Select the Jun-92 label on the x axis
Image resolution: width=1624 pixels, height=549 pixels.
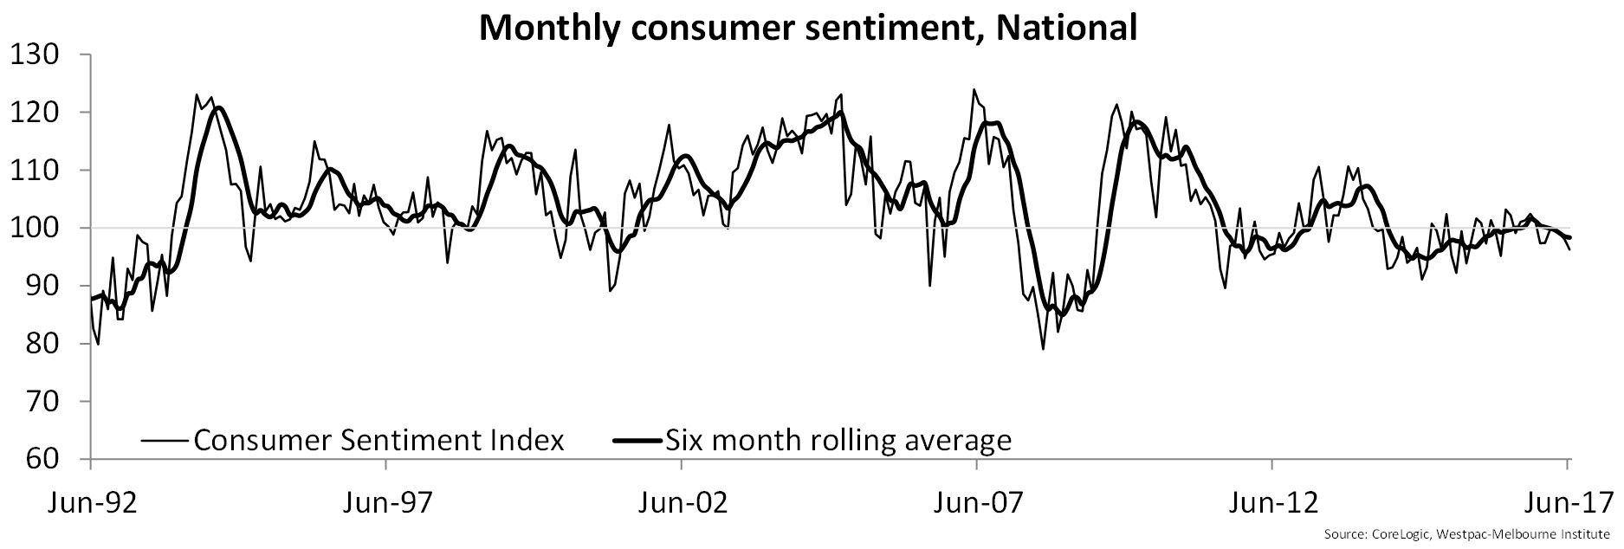91,503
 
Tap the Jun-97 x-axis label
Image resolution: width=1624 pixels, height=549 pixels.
385,503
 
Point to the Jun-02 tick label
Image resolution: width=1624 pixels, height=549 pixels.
682,503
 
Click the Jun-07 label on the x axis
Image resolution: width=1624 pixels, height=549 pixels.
977,503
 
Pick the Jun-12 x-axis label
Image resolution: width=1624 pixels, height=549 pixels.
1271,503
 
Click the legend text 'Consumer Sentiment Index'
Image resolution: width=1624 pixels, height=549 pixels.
379,440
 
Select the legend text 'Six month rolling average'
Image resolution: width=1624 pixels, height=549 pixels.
838,440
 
